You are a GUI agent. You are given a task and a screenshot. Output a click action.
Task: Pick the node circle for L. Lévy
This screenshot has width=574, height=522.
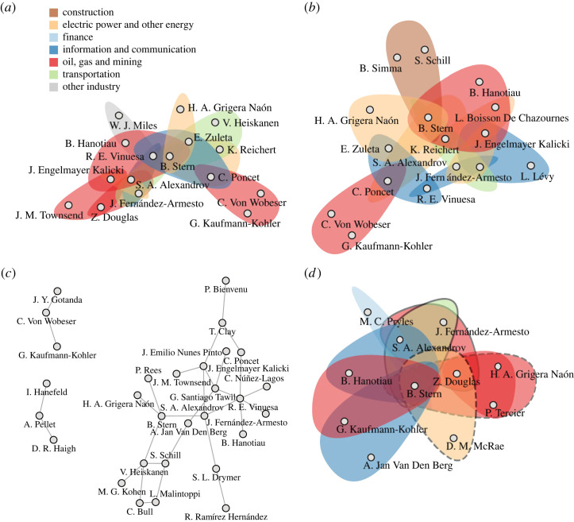click(x=531, y=165)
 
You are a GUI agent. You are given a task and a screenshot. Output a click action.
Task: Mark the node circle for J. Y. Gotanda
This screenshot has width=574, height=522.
click(x=57, y=291)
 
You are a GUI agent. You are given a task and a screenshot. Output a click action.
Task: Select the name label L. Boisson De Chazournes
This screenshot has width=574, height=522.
click(x=495, y=118)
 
